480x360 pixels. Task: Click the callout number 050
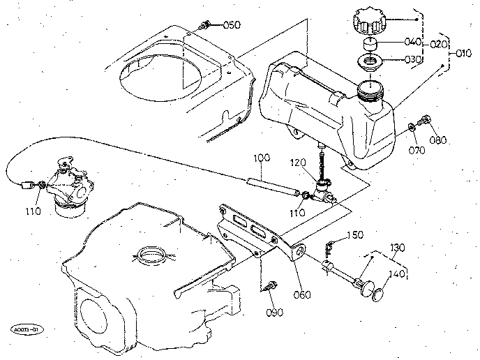tap(232, 25)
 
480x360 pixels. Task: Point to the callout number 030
tap(412, 60)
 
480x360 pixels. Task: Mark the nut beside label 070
tap(412, 128)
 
